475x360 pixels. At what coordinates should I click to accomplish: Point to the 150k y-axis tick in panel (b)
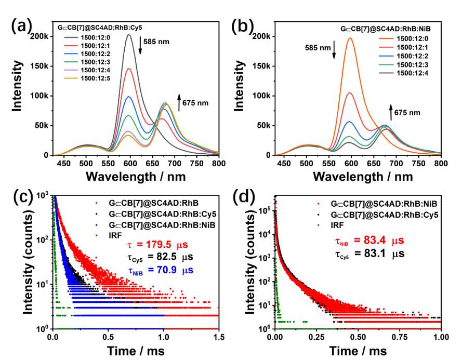tap(265, 66)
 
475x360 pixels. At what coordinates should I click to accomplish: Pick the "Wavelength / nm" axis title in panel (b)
tap(363, 177)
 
